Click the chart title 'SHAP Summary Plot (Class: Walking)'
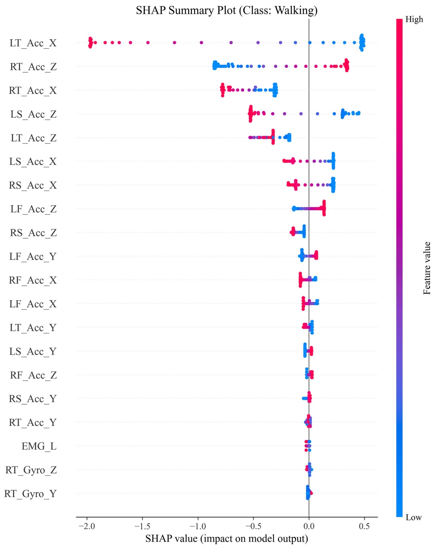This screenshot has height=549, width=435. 227,10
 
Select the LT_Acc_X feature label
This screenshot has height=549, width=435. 33,43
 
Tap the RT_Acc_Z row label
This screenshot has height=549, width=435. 33,67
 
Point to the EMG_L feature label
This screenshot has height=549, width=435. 39,446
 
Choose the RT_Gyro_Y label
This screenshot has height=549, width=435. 30,494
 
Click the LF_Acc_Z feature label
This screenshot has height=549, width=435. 33,209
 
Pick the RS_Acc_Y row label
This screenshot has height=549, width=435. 33,399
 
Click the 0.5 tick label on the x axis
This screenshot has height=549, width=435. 364,526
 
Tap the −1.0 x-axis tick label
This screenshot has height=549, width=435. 197,526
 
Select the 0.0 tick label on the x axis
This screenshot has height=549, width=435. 309,526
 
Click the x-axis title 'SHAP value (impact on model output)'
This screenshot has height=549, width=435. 227,538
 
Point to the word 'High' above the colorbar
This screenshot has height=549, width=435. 414,19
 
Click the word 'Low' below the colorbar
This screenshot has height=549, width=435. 414,517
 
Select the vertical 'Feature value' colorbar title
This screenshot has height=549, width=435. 427,268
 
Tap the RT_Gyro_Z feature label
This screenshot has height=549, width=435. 31,470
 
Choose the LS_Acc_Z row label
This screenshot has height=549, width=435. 33,114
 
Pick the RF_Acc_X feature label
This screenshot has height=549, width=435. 33,280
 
